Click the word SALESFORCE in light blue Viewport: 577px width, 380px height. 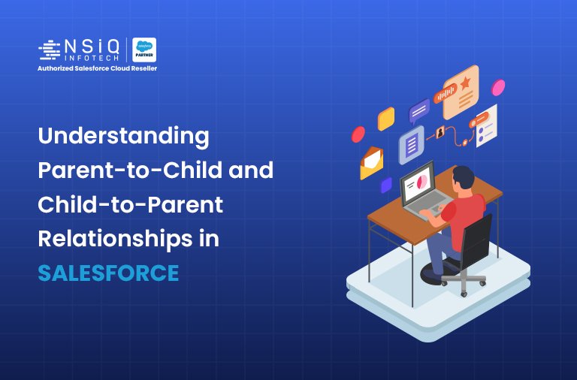pos(109,273)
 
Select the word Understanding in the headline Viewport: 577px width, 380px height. pos(123,137)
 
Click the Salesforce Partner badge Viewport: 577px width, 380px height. pos(144,50)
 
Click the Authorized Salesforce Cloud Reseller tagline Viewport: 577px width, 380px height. pos(97,68)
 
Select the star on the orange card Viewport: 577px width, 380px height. pos(467,80)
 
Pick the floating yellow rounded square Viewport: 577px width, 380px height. pos(385,119)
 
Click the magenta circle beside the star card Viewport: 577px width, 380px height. pos(497,88)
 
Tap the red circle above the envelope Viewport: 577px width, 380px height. pos(358,134)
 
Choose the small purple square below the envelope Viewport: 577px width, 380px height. pos(386,185)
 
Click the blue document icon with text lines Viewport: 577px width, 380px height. pos(411,144)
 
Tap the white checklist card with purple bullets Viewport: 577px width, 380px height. pos(485,126)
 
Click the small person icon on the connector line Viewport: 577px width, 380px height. pos(440,134)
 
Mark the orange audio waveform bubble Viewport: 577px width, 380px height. pos(446,93)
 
